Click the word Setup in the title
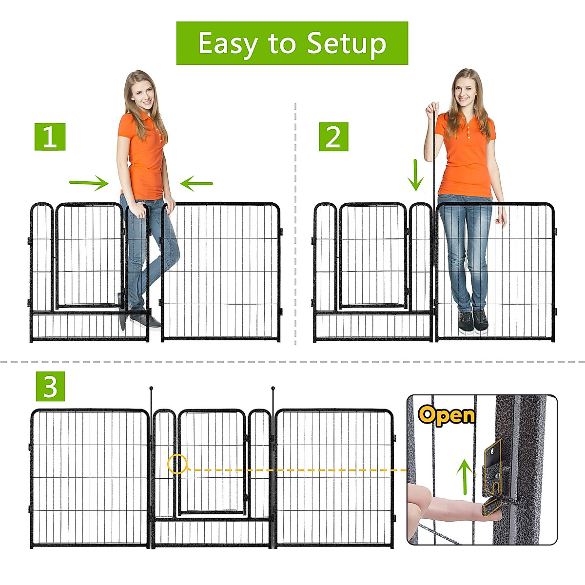(347, 44)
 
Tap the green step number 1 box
(50, 136)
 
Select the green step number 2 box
(333, 136)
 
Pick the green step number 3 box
(50, 387)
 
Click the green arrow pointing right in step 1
(89, 183)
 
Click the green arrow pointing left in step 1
(196, 184)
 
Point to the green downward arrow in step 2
(415, 175)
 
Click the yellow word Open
(446, 415)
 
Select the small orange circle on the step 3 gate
(177, 464)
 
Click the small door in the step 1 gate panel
(89, 256)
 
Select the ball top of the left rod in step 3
(151, 389)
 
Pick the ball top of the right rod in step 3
(273, 389)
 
